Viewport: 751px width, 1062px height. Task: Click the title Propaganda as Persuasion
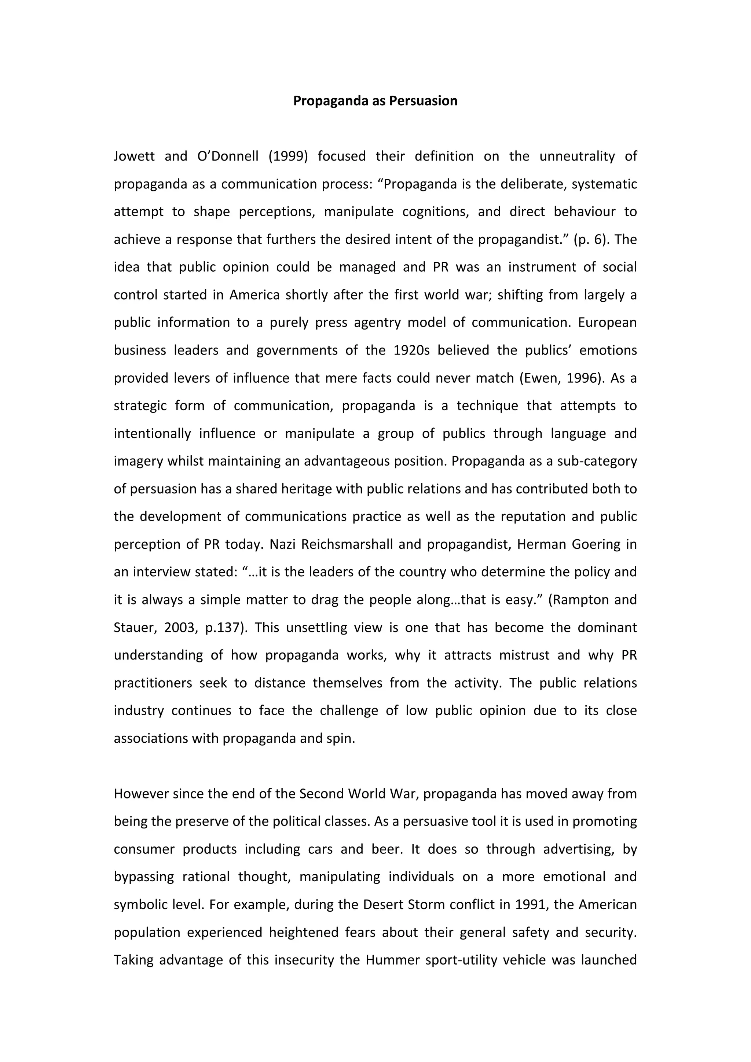point(375,101)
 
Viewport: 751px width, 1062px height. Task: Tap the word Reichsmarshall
point(347,544)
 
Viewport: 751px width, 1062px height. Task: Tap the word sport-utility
point(460,960)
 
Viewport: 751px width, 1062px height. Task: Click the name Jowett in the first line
point(134,156)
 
